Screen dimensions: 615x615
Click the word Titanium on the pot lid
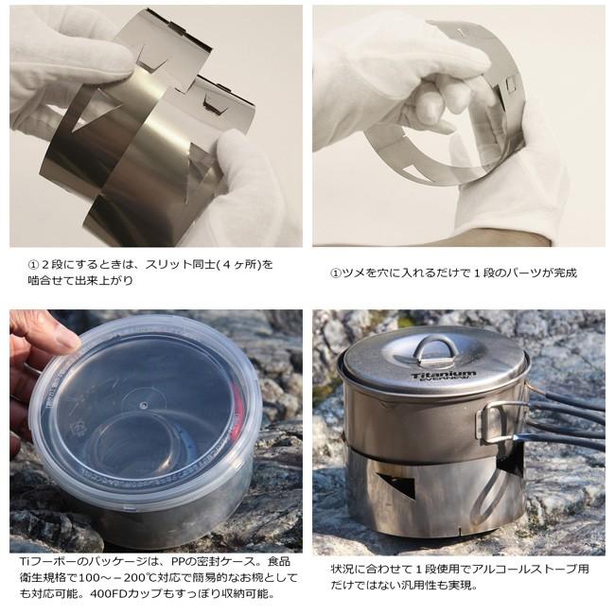(444, 376)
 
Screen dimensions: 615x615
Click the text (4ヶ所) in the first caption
(253, 264)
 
